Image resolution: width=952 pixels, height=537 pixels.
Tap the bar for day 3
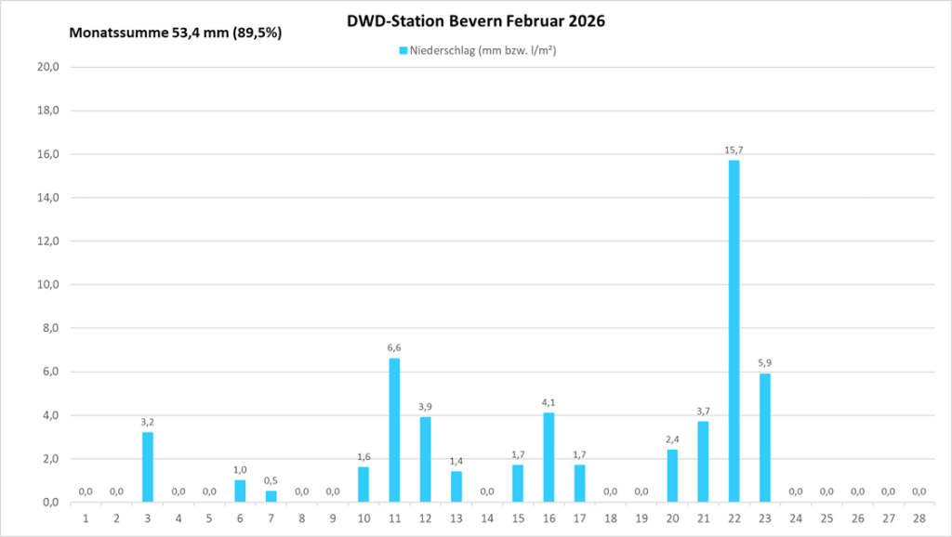click(x=147, y=467)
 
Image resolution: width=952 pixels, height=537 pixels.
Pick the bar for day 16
click(x=549, y=457)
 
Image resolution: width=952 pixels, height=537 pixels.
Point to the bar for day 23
click(x=764, y=438)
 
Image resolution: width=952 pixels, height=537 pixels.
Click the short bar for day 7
click(x=271, y=496)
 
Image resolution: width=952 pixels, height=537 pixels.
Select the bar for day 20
click(x=672, y=476)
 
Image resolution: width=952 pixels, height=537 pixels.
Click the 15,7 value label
click(x=734, y=150)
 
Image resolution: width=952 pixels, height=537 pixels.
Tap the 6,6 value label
click(x=394, y=347)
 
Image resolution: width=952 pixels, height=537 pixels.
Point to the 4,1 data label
click(x=549, y=402)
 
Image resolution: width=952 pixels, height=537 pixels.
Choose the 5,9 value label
click(x=764, y=362)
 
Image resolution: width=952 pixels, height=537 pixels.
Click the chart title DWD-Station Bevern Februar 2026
click(x=475, y=21)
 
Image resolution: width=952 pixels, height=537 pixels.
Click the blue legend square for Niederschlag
click(x=403, y=51)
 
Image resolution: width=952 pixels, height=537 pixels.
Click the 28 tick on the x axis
click(x=919, y=517)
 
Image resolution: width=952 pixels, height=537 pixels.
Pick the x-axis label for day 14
click(x=487, y=517)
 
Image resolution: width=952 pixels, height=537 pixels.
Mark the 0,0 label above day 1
click(x=86, y=491)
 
